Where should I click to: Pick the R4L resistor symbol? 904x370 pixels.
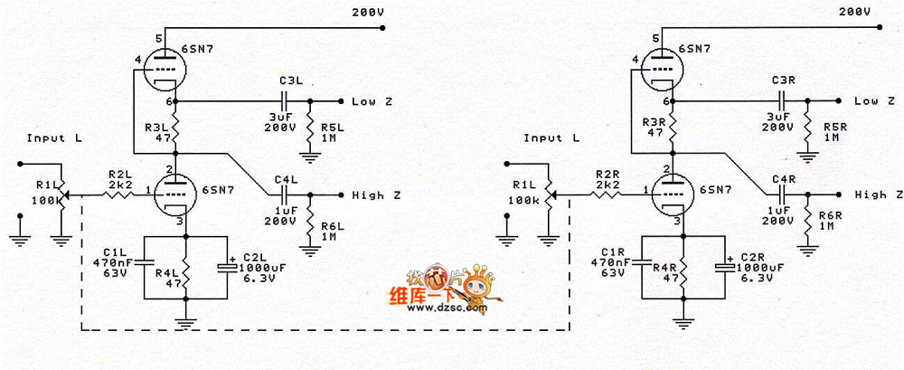pos(184,268)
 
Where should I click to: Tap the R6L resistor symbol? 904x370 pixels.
pos(310,222)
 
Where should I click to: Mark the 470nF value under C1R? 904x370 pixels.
pos(613,261)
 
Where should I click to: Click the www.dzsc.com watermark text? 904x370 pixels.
pos(448,309)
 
